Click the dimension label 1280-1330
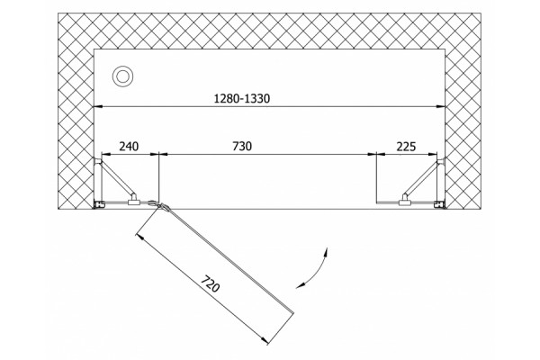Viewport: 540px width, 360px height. pos(242,99)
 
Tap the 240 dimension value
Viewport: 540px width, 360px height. pos(129,147)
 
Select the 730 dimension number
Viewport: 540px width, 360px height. pos(242,147)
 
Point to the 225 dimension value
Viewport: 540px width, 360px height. pos(407,147)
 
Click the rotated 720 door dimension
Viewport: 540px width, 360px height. pos(210,283)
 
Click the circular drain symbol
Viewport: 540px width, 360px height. pos(122,76)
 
